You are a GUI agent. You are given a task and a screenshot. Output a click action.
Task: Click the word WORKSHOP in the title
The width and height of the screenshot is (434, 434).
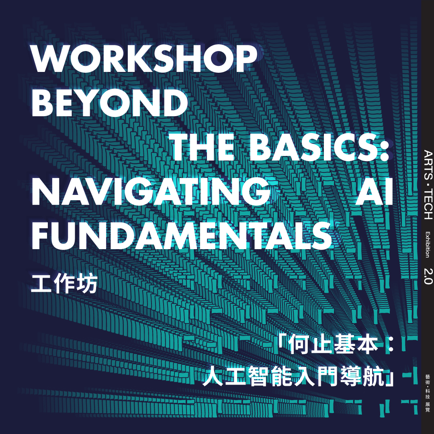tap(144, 59)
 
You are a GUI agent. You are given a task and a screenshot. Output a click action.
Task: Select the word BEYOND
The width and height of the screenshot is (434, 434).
tap(109, 103)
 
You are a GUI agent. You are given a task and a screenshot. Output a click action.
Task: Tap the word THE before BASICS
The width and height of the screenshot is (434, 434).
tap(203, 147)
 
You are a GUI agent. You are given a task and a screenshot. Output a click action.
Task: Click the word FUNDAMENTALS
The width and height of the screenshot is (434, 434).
tap(182, 236)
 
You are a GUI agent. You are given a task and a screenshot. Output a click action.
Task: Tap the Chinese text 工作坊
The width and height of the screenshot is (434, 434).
tap(64, 284)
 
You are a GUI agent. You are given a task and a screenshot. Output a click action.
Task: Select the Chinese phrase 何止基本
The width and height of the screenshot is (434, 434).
tap(333, 345)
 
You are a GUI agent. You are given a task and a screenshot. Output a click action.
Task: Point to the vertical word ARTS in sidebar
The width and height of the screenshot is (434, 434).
tap(428, 163)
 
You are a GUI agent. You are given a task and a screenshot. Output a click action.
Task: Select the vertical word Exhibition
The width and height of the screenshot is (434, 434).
tap(428, 245)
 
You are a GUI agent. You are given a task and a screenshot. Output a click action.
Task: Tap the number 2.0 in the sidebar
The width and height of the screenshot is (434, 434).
tap(428, 276)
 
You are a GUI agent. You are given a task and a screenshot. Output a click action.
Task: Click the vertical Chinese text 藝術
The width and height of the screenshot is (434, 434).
tap(428, 380)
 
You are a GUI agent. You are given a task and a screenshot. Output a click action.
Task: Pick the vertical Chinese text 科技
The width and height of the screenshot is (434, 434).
tap(428, 394)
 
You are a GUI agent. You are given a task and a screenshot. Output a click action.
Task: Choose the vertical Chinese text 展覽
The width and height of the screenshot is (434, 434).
tap(428, 407)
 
